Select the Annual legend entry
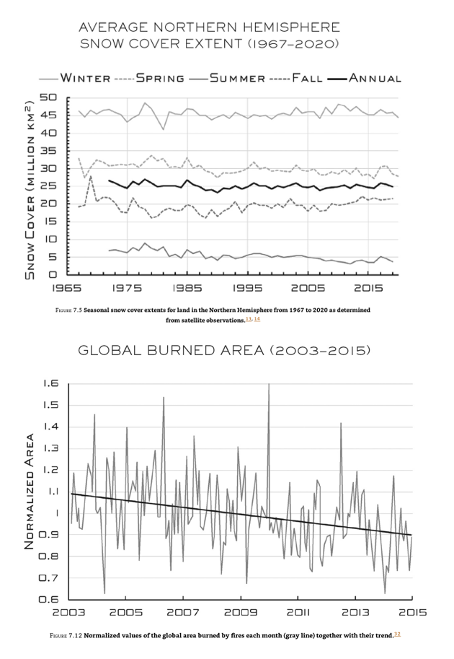point(373,78)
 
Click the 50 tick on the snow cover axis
point(48,97)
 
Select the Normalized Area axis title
point(30,491)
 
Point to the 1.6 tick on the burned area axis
point(49,383)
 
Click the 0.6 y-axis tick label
point(49,599)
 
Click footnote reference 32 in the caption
point(396,633)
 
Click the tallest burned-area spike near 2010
point(269,385)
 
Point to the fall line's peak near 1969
point(91,175)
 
